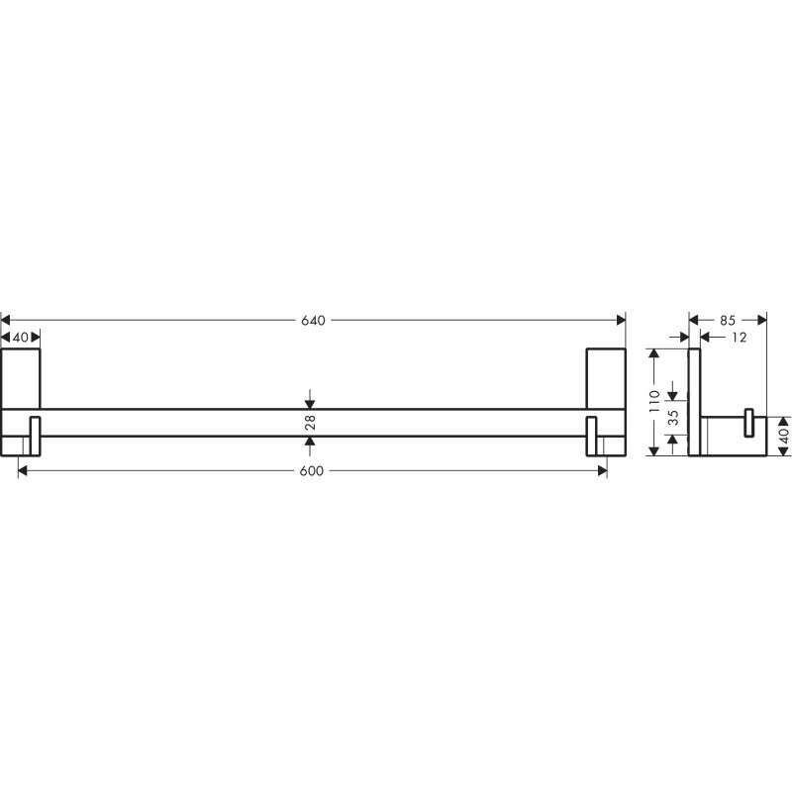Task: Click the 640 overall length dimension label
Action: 313,321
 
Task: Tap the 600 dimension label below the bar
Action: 312,471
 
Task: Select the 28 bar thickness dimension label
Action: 310,422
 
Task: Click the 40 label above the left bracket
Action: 21,338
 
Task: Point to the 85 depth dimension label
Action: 728,320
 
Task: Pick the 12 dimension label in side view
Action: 739,338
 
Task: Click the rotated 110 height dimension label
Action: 654,402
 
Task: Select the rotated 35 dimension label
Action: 673,417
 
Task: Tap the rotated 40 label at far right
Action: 784,436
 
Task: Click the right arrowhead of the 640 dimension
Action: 622,320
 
